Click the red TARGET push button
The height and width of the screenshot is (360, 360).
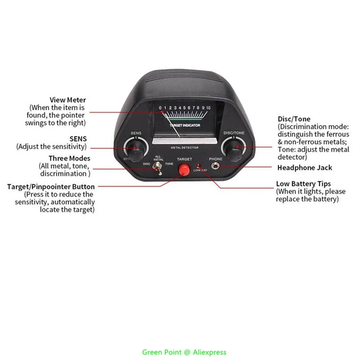[183, 171]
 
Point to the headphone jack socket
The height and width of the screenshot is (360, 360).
[216, 167]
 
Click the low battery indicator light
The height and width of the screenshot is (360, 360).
[198, 166]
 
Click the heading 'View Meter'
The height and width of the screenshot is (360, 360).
[67, 100]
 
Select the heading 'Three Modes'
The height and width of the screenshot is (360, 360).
[69, 158]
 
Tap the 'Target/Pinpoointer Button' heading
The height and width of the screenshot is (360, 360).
[51, 187]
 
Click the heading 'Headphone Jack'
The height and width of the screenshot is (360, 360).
[305, 168]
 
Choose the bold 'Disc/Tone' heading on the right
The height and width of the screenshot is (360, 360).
[294, 119]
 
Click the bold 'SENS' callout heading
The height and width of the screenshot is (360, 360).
[78, 139]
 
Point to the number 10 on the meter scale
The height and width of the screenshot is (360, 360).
[208, 108]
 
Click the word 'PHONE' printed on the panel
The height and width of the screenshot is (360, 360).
[216, 159]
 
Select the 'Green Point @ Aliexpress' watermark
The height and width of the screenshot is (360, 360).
[184, 352]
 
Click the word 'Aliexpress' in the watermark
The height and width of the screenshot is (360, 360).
[211, 352]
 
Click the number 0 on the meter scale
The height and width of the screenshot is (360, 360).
[161, 108]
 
